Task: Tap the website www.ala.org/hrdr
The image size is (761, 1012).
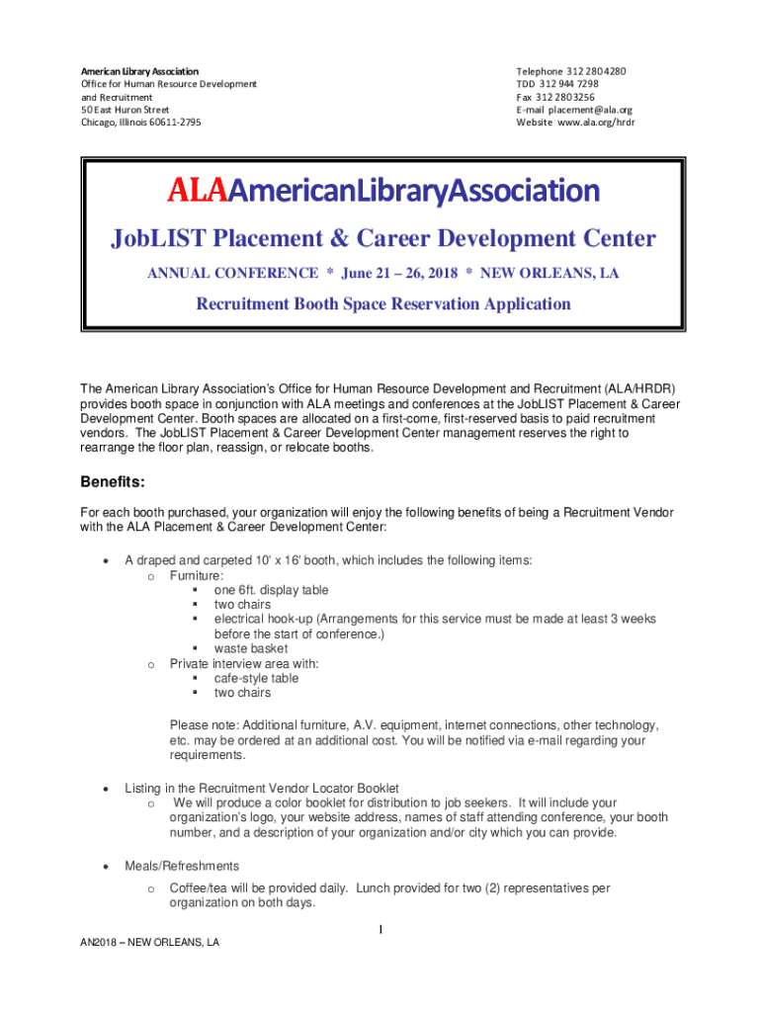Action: pyautogui.click(x=595, y=123)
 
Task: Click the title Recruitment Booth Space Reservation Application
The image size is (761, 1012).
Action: pyautogui.click(x=383, y=304)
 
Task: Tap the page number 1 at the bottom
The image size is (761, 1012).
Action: pyautogui.click(x=380, y=930)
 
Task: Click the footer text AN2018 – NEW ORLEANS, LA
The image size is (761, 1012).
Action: pyautogui.click(x=150, y=943)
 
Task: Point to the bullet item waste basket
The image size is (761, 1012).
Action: pyautogui.click(x=251, y=648)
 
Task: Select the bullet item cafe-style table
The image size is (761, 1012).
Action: pyautogui.click(x=256, y=678)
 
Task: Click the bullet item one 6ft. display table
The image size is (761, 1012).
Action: pyautogui.click(x=271, y=589)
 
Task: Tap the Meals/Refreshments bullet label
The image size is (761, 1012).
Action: pyautogui.click(x=182, y=866)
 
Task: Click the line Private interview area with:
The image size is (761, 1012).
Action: pyautogui.click(x=243, y=663)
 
